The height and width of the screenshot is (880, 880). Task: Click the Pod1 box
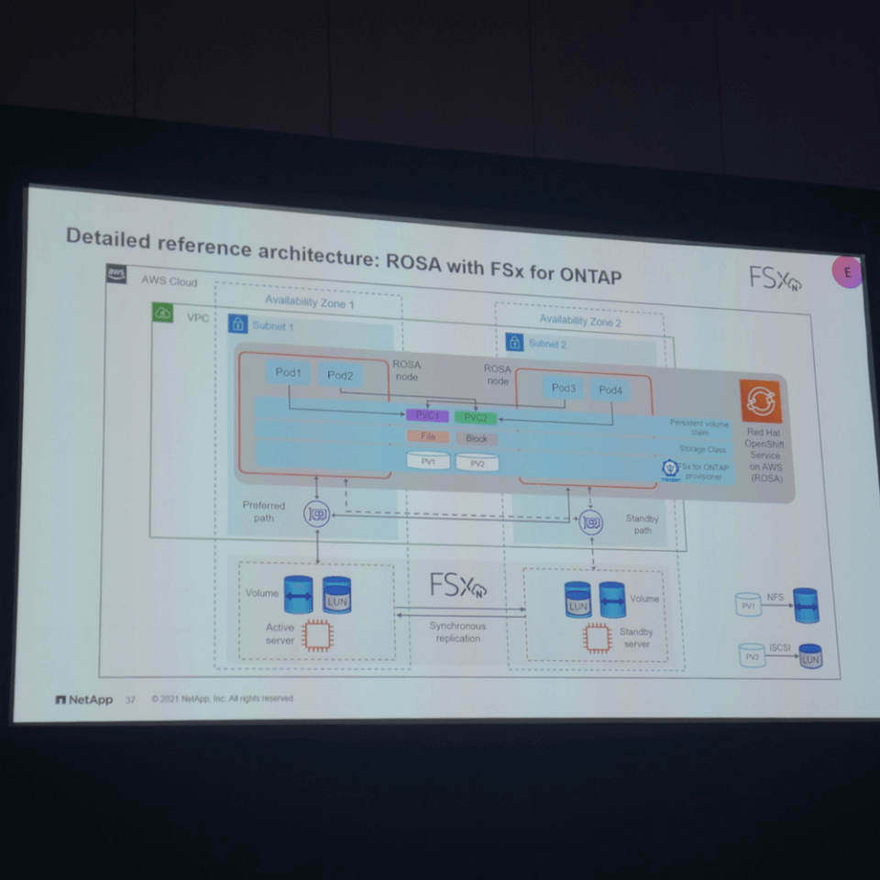pos(288,373)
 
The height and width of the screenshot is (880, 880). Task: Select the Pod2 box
pos(340,376)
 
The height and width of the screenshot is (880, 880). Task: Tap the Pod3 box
pos(564,388)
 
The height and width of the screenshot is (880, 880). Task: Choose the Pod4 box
pos(610,390)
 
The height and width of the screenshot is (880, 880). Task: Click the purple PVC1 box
pos(427,415)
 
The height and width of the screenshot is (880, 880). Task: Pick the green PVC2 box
pos(476,418)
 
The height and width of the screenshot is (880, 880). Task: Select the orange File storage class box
pos(428,436)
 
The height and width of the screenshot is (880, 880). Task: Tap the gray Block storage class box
pos(477,439)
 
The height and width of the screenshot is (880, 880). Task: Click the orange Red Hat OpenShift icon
pos(761,401)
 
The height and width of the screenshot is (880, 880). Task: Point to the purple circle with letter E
pos(847,272)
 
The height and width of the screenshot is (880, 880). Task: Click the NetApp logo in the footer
pos(84,699)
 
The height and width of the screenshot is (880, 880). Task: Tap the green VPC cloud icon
pos(163,313)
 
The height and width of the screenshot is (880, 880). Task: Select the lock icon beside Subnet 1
pos(237,324)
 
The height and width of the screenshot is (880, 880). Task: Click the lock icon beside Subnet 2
pos(514,342)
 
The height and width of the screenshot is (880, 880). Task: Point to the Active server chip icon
pos(318,634)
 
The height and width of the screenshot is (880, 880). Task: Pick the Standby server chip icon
pos(597,637)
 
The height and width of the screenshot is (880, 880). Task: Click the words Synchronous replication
pos(457,632)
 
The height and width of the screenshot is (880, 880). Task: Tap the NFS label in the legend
pos(775,597)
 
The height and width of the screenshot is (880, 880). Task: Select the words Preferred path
pos(264,511)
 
